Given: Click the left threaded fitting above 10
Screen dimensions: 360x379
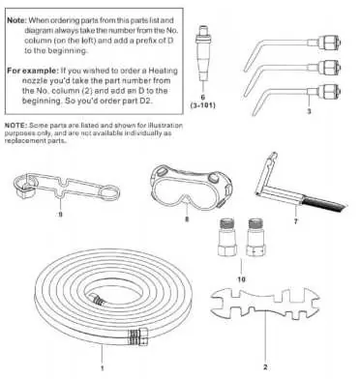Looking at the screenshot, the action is pyautogui.click(x=228, y=236).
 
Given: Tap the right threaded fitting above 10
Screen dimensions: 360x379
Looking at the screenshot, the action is pyautogui.click(x=255, y=237).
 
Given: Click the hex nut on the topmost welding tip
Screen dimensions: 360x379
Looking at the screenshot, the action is pyautogui.click(x=329, y=42).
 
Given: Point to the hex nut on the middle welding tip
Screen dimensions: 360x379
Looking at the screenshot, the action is pyautogui.click(x=329, y=67).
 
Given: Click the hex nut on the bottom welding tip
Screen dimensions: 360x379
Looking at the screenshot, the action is pyautogui.click(x=329, y=92).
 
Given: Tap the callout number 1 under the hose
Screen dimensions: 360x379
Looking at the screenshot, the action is pyautogui.click(x=103, y=368).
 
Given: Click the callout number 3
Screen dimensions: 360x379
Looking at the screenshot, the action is pyautogui.click(x=309, y=111).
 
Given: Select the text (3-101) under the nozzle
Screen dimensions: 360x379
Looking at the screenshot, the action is pyautogui.click(x=203, y=105).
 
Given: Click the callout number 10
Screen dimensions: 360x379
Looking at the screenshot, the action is pyautogui.click(x=241, y=279).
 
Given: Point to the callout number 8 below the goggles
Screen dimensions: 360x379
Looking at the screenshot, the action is pyautogui.click(x=187, y=219).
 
